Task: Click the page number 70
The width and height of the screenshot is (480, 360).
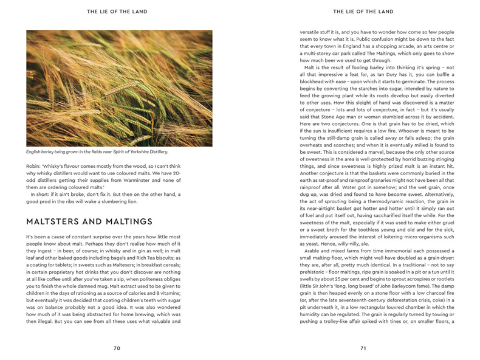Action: tap(117, 348)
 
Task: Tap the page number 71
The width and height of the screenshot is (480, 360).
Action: tap(363, 348)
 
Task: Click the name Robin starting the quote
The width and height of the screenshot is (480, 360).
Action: tap(33, 165)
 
